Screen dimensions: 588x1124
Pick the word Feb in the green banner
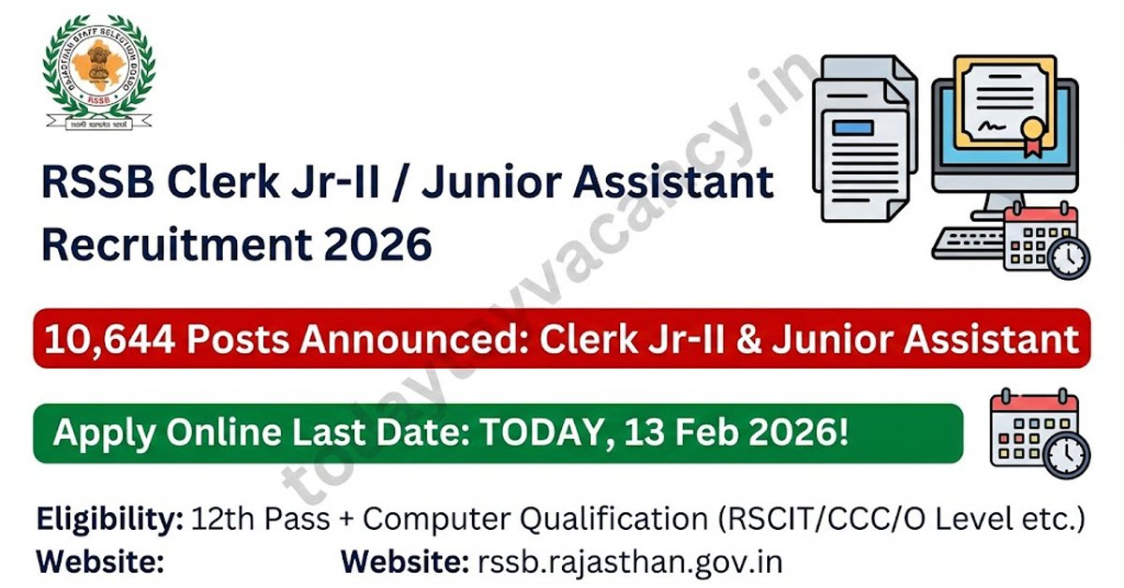[x=695, y=434]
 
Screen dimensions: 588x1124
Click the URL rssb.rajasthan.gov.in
[x=629, y=562]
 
